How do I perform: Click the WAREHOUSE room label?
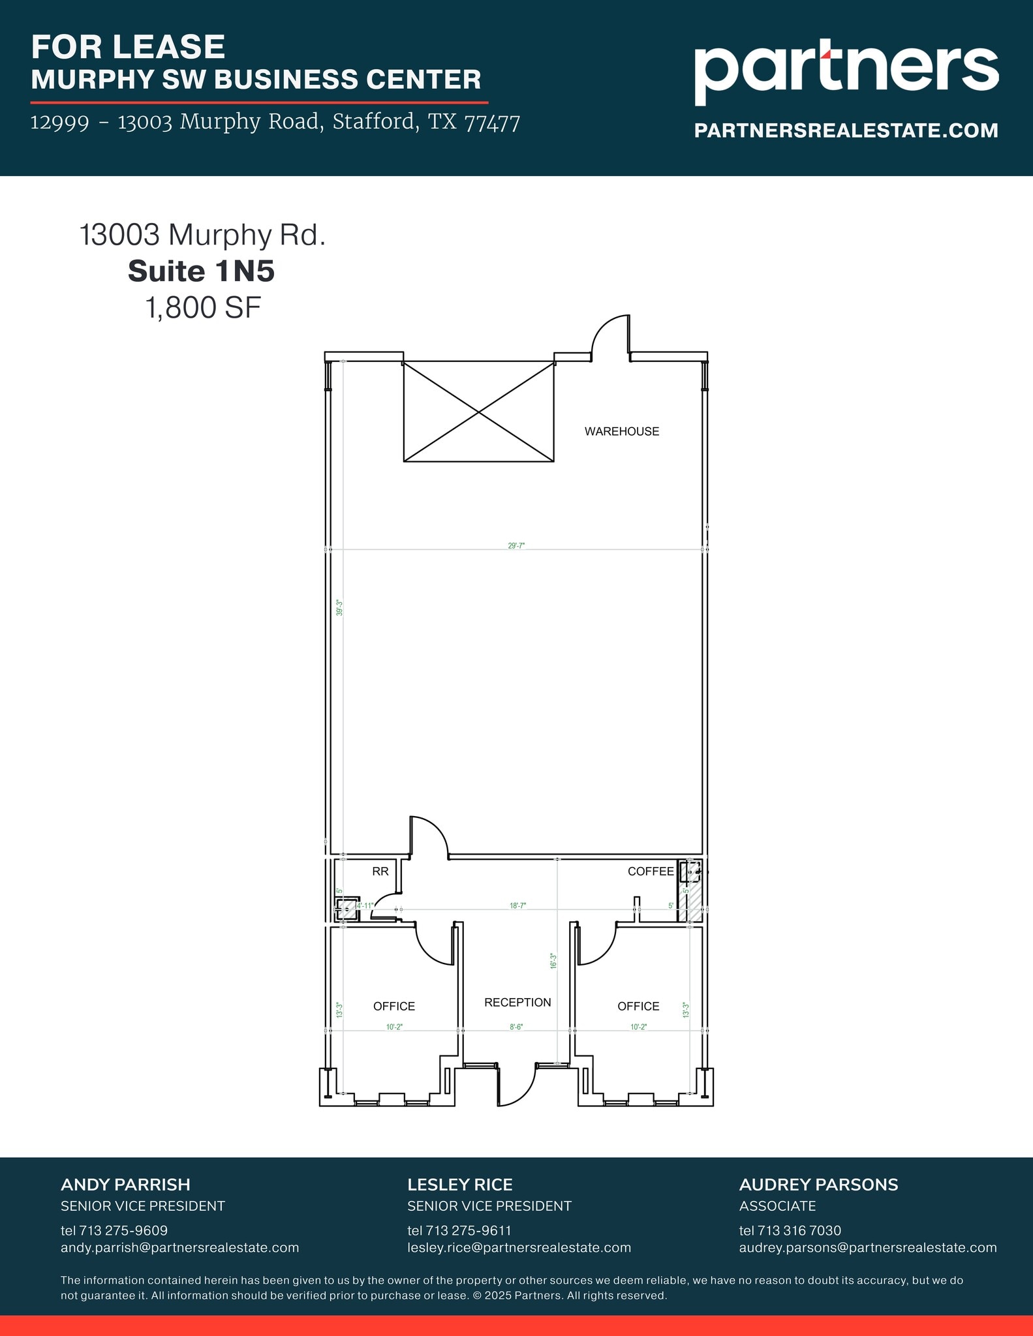click(621, 431)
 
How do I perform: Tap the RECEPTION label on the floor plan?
click(517, 1003)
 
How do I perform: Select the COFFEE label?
click(650, 872)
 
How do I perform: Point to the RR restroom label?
click(380, 872)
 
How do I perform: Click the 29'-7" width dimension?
click(516, 545)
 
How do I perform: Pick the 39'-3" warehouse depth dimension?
click(339, 608)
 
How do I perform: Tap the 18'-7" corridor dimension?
click(517, 905)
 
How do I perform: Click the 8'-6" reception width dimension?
click(516, 1027)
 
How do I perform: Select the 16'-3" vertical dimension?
click(553, 961)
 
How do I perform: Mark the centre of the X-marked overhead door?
click(479, 412)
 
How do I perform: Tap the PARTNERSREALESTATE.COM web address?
click(846, 130)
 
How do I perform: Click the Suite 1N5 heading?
click(202, 271)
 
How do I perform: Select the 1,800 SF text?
click(203, 308)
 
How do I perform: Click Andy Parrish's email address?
click(179, 1247)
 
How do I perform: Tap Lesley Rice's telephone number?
click(468, 1230)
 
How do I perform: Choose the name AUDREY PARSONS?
click(818, 1185)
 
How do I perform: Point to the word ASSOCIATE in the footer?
click(777, 1206)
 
